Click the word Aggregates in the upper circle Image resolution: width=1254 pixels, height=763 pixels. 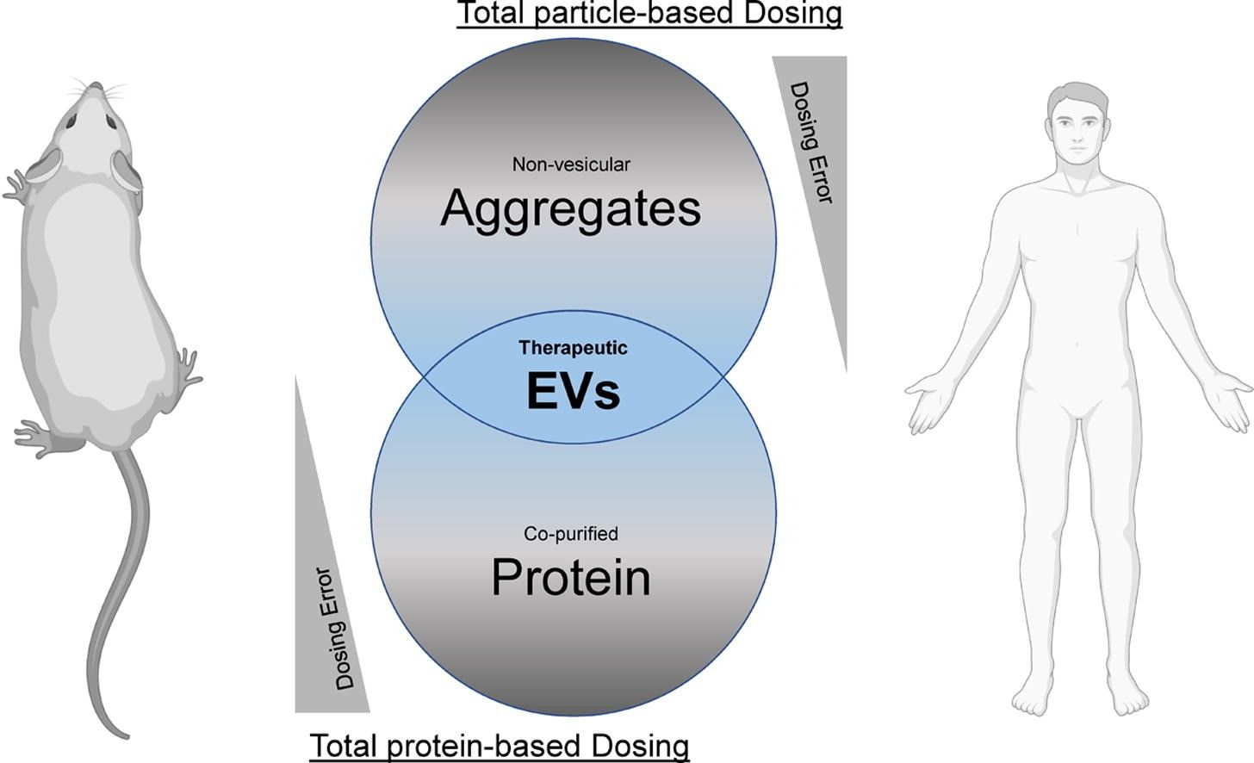570,208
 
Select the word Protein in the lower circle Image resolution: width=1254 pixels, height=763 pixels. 570,577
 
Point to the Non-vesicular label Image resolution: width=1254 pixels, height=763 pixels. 571,164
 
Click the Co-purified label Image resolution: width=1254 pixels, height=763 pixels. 570,534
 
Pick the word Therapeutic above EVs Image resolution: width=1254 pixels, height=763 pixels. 573,348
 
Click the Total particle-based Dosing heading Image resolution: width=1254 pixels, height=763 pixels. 649,14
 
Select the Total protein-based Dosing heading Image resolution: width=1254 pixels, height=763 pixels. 499,745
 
